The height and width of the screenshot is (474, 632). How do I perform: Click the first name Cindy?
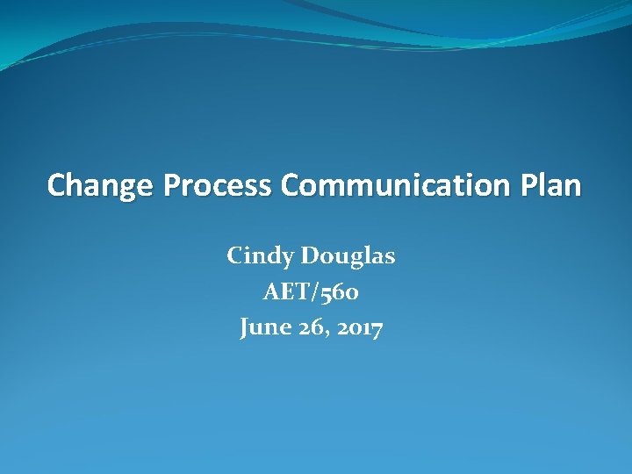[259, 256]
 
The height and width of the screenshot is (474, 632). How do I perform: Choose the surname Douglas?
[348, 256]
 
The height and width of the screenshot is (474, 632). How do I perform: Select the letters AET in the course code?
[284, 292]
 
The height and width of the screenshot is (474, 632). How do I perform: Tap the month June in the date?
[264, 328]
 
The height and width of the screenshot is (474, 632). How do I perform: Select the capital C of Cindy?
[235, 255]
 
